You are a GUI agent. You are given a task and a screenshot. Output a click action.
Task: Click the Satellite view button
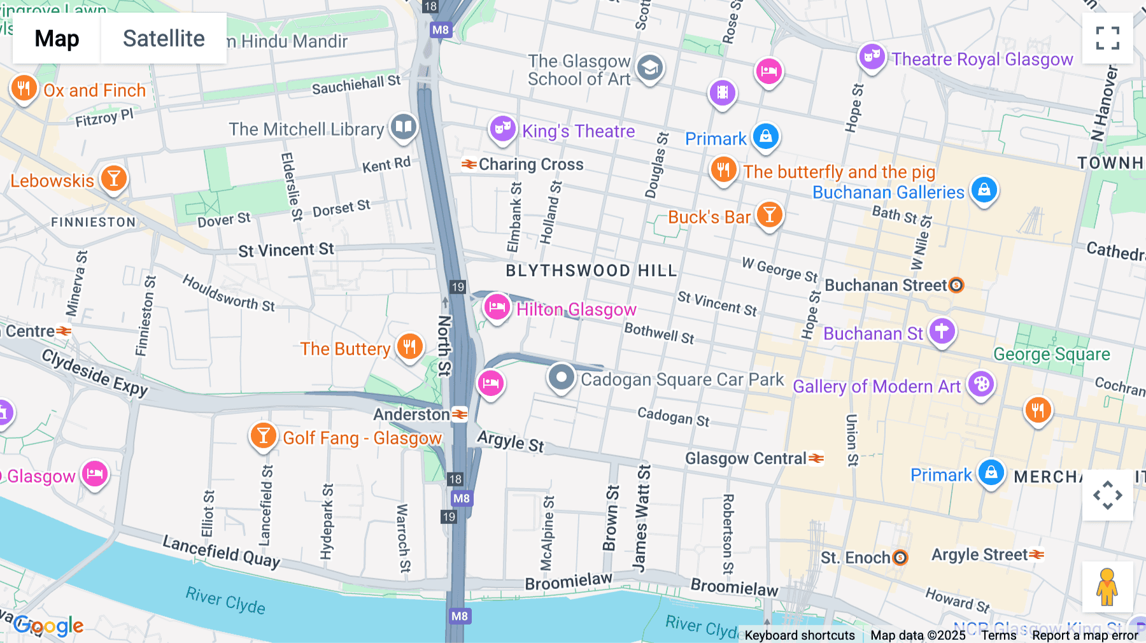click(164, 38)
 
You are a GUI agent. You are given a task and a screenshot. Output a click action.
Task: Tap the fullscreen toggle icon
click(1107, 38)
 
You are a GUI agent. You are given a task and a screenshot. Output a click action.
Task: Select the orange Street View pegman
click(1107, 586)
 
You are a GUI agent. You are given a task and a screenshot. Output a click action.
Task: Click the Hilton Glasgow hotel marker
click(497, 307)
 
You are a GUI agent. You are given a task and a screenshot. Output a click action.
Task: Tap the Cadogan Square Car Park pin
click(561, 378)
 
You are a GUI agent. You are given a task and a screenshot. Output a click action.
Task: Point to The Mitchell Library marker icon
click(404, 127)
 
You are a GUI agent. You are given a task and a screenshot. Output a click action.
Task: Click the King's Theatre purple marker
click(502, 129)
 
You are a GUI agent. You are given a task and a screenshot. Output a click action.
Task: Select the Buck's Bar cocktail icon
click(769, 215)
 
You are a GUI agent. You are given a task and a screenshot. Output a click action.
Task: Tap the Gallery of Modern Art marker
click(981, 384)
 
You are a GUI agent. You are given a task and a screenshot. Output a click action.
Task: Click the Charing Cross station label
click(530, 164)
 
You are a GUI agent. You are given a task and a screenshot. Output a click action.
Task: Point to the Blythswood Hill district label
click(591, 271)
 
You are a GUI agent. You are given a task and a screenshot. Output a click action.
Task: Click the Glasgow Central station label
click(746, 458)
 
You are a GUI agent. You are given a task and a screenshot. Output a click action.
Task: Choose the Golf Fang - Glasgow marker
click(263, 436)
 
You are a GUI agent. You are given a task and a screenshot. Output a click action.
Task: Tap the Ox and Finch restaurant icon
click(24, 88)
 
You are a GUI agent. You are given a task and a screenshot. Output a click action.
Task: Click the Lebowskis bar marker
click(114, 178)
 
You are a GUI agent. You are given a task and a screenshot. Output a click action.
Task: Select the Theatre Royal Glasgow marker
click(872, 57)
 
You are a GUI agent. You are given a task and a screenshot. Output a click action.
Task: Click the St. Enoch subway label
click(855, 558)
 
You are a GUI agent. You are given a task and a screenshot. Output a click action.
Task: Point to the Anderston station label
click(412, 414)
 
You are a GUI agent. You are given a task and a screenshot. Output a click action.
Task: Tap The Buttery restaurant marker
click(409, 346)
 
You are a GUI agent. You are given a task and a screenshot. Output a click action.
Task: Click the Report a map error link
click(1085, 635)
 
